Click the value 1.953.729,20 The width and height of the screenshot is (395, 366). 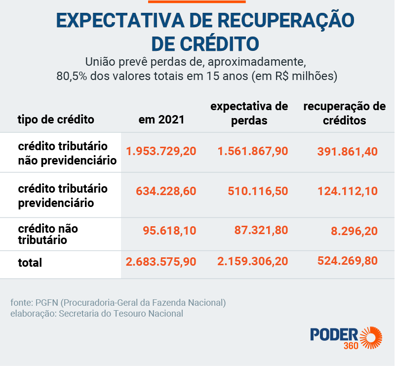click(x=161, y=151)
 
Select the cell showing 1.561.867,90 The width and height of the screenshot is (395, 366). click(x=253, y=151)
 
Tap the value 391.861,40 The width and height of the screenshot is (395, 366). click(x=348, y=152)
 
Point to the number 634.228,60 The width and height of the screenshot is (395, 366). click(x=166, y=191)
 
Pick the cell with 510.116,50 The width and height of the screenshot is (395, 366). click(x=258, y=191)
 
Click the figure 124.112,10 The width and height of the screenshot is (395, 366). click(x=348, y=191)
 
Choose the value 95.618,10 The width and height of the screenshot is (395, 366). click(x=169, y=231)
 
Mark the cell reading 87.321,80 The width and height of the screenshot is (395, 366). click(x=261, y=230)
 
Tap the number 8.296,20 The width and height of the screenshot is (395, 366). click(x=354, y=231)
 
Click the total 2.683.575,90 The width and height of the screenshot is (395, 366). click(x=161, y=262)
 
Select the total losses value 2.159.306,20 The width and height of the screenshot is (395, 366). click(x=253, y=261)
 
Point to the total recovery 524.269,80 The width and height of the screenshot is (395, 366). click(x=348, y=261)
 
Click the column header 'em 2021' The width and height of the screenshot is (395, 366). click(x=161, y=120)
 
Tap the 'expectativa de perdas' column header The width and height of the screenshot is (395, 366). click(x=249, y=114)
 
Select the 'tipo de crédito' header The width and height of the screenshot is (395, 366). click(x=56, y=120)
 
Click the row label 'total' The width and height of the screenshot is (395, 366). click(x=30, y=263)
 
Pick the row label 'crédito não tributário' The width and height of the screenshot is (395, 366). click(x=48, y=234)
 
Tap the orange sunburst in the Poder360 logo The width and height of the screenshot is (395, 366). click(x=371, y=338)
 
